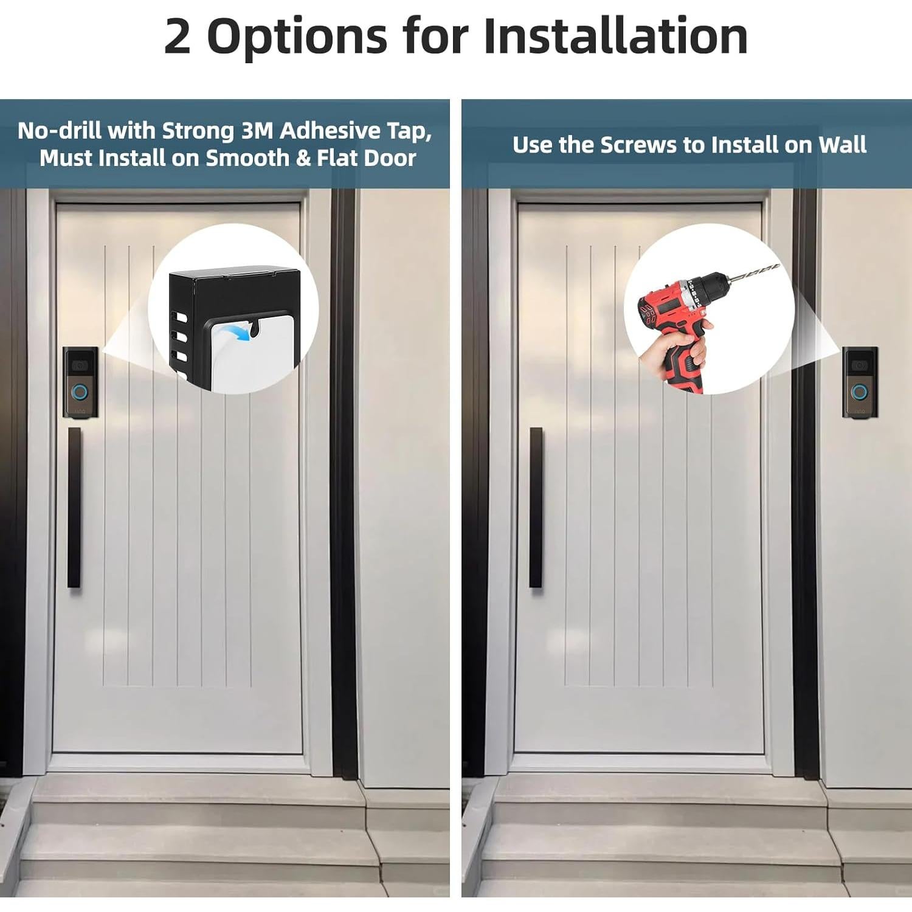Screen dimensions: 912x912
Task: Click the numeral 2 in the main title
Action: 177,36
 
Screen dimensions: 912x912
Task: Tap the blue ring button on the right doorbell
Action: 859,392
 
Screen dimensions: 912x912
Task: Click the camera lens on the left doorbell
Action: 80,365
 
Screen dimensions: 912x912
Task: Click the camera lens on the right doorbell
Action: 859,365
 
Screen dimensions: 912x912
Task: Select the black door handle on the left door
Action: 74,508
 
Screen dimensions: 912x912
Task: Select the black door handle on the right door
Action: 536,508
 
